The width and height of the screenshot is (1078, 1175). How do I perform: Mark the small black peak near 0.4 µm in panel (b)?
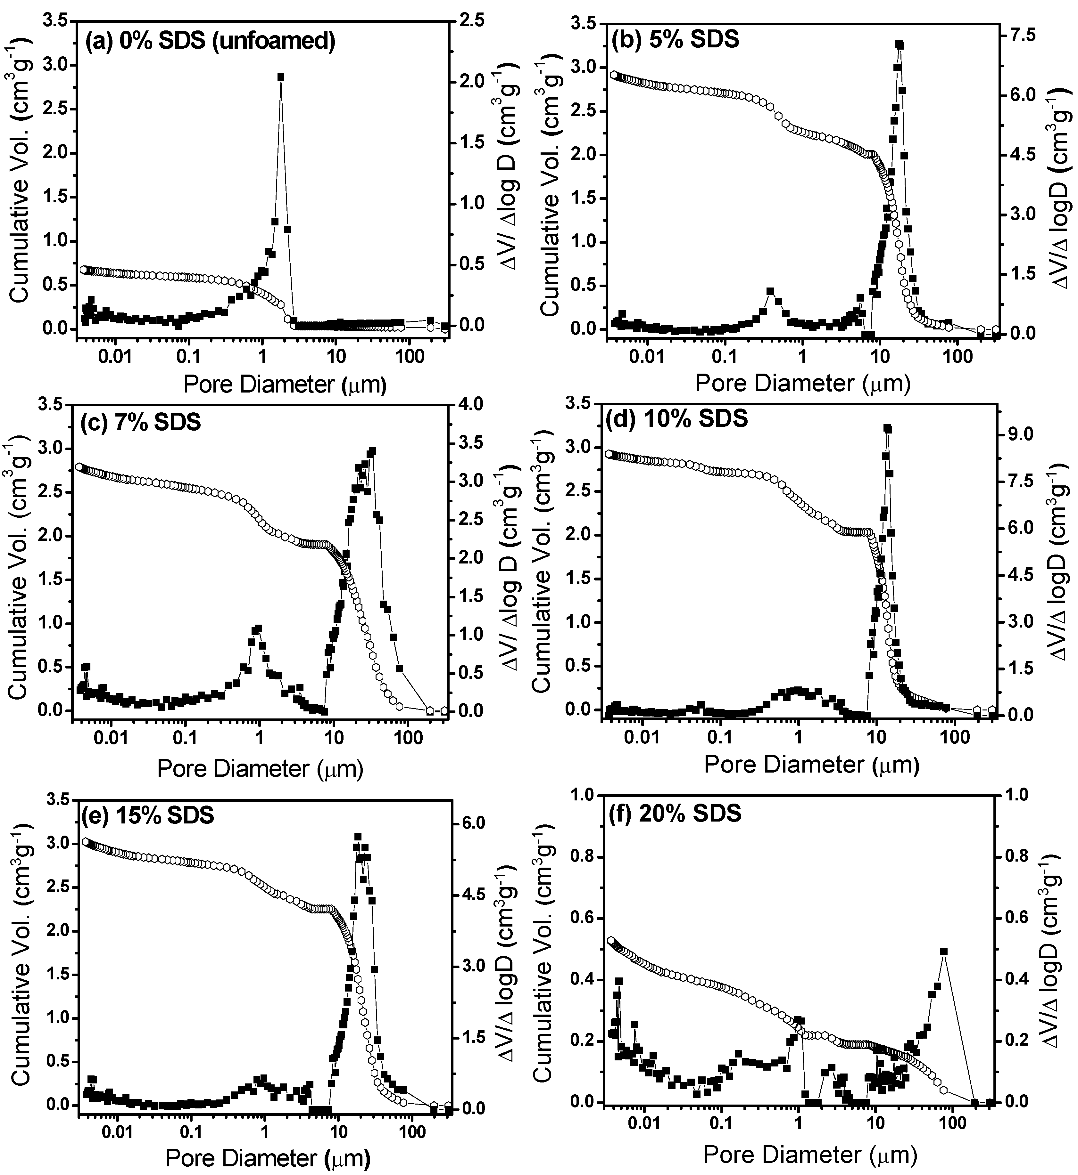point(770,291)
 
